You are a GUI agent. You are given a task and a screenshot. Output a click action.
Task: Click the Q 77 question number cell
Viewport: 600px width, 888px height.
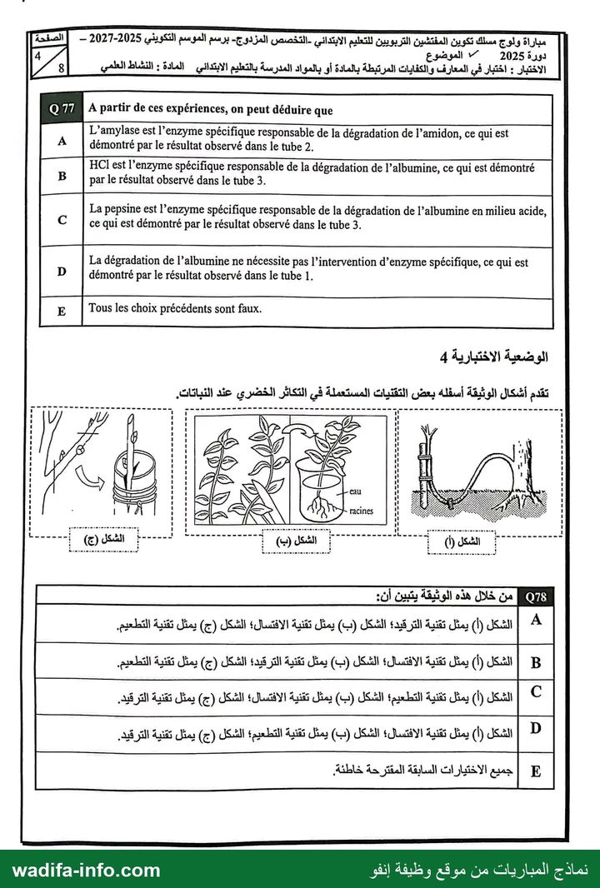(x=62, y=109)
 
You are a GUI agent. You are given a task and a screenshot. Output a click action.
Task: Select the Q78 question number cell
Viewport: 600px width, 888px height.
(x=535, y=596)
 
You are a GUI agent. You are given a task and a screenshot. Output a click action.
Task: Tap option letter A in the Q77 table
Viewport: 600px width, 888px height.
(x=62, y=141)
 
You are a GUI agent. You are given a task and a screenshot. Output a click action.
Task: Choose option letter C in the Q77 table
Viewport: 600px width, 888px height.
(x=62, y=220)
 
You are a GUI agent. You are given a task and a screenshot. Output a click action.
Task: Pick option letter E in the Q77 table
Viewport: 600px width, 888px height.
(x=62, y=312)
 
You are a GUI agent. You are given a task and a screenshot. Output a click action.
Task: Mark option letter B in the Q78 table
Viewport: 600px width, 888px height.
(x=535, y=662)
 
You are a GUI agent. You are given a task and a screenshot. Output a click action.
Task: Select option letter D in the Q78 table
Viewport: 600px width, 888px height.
(x=535, y=728)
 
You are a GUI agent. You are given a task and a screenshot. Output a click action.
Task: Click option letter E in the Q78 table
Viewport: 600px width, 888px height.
(x=535, y=771)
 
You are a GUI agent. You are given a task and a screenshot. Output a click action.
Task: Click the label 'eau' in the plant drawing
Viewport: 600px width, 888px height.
(x=355, y=491)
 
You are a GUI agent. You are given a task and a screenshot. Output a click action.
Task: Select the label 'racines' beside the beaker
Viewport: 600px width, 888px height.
(x=361, y=511)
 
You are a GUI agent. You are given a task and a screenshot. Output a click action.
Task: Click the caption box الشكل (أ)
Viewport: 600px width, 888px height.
(x=462, y=542)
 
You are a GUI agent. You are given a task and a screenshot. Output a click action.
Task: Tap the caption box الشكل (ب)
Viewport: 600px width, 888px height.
(x=296, y=541)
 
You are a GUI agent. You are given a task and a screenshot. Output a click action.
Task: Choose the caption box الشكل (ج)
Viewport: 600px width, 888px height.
(x=103, y=539)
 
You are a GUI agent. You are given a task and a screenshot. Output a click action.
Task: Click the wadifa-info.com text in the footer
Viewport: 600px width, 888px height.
(x=86, y=870)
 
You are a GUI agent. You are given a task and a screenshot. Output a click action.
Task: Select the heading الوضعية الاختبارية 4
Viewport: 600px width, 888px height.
(x=494, y=357)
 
